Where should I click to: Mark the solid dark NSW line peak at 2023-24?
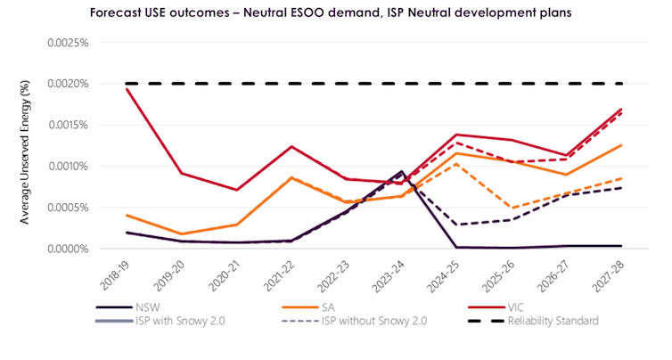pyautogui.click(x=402, y=171)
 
